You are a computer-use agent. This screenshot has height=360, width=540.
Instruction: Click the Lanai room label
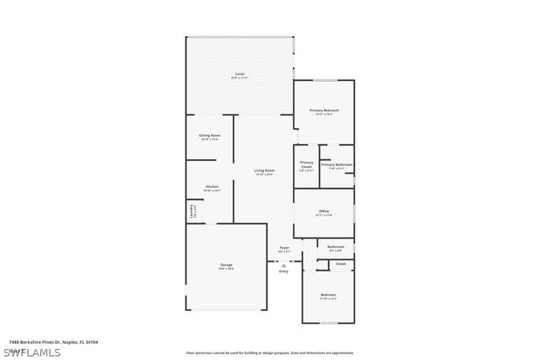click(240, 75)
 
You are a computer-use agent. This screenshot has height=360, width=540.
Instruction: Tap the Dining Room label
click(209, 135)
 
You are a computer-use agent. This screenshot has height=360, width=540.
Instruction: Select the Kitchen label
click(212, 186)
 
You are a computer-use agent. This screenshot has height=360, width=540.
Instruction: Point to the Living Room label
click(264, 170)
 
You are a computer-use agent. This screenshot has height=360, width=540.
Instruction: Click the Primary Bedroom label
click(323, 110)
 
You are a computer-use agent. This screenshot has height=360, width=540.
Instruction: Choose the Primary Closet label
click(306, 164)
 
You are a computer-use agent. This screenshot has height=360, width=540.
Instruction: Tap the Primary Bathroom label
click(336, 164)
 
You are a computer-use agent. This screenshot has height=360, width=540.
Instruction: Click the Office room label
click(323, 211)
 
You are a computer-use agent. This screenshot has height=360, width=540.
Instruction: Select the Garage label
click(226, 265)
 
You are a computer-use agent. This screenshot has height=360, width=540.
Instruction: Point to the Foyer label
click(283, 247)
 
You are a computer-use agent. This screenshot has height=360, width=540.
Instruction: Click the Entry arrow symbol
click(283, 264)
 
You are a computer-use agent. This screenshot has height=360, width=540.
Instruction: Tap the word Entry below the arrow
click(283, 271)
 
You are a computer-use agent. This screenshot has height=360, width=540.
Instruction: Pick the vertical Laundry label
click(192, 212)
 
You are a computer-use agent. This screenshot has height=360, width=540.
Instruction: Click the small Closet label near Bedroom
click(340, 264)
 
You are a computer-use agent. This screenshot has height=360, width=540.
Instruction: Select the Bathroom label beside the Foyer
click(335, 246)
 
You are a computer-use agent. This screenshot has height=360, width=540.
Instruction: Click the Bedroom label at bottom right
click(328, 294)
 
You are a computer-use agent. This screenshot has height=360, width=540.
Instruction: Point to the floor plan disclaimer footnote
click(269, 352)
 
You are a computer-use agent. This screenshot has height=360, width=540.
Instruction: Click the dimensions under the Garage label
click(226, 269)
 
